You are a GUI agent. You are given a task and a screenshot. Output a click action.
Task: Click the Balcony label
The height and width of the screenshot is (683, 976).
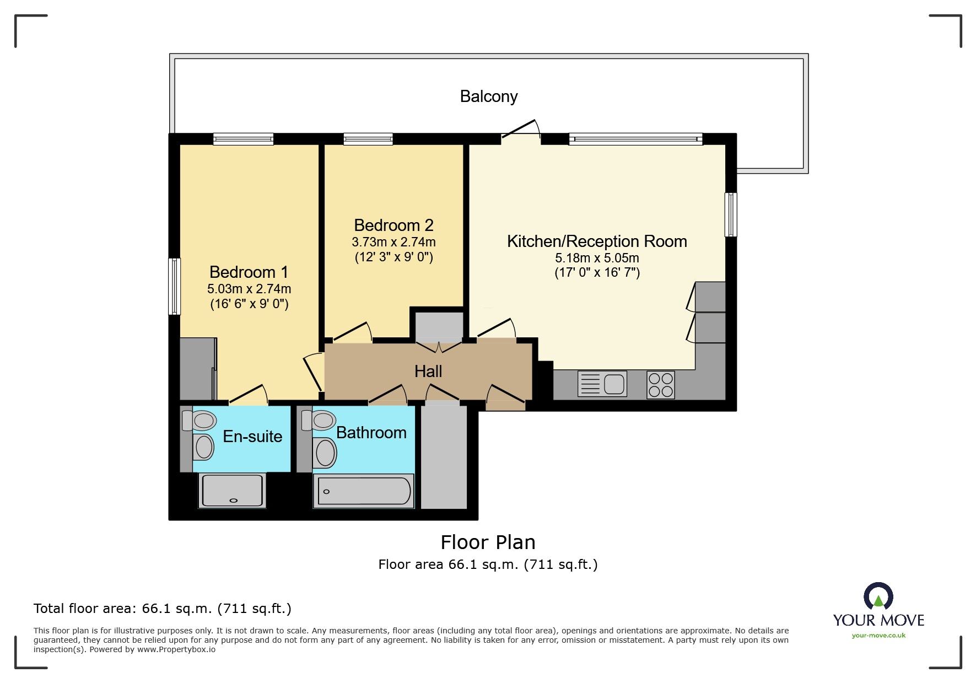489,96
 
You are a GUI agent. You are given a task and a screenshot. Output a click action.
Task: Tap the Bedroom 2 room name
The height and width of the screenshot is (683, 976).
393,225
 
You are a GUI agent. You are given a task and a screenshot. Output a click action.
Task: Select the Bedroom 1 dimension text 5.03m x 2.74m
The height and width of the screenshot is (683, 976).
249,289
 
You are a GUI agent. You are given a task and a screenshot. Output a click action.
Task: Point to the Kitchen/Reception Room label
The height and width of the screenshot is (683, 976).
597,241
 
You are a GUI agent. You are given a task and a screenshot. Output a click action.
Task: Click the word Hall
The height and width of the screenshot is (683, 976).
428,372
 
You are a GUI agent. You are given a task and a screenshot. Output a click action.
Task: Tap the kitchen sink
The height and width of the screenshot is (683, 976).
602,384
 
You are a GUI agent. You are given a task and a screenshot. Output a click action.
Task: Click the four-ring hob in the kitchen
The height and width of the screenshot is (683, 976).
661,385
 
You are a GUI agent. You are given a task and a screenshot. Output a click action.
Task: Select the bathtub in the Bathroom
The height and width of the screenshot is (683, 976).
363,491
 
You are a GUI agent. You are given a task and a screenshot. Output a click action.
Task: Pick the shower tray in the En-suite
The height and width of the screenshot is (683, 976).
233,491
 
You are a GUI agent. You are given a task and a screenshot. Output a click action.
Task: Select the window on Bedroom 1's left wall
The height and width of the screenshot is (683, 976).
174,286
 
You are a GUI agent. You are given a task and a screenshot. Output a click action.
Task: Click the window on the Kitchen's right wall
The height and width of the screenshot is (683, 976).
731,214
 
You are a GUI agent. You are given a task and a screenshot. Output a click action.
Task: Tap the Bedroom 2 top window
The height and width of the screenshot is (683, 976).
368,139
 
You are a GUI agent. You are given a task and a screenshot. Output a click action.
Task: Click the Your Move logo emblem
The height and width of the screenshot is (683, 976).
878,596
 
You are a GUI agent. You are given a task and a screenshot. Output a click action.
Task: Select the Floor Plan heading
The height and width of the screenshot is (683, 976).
488,542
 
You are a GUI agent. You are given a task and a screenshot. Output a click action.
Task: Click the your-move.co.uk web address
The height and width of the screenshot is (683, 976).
878,636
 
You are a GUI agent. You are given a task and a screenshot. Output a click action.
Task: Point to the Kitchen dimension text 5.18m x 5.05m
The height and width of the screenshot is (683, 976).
597,258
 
